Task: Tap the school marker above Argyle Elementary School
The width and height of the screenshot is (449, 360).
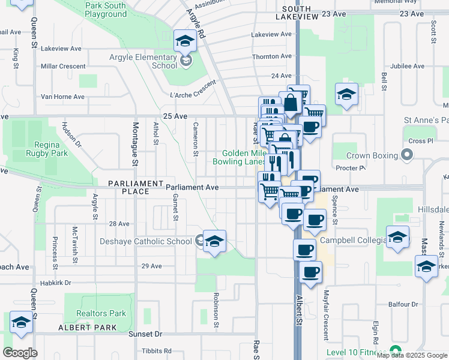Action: point(185,41)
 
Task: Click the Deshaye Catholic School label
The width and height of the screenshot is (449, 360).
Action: point(146,241)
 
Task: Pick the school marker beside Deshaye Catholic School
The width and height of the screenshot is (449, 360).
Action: point(214,241)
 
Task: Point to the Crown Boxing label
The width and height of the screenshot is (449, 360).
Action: point(372,155)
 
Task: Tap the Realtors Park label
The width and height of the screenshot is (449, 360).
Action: point(101,313)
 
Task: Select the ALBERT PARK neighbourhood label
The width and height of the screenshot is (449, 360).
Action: point(82,328)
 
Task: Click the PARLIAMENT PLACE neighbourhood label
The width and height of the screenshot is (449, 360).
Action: point(136,187)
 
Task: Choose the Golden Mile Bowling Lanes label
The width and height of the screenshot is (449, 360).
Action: point(239,157)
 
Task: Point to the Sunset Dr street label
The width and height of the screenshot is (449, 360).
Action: point(146,334)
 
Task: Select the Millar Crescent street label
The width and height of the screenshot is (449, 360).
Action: point(62,65)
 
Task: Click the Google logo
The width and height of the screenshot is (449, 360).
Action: point(20,353)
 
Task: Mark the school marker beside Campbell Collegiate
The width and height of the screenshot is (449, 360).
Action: point(397,237)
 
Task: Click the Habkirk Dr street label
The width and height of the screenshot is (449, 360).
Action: point(55,283)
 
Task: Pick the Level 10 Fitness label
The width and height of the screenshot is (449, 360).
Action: point(356,352)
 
